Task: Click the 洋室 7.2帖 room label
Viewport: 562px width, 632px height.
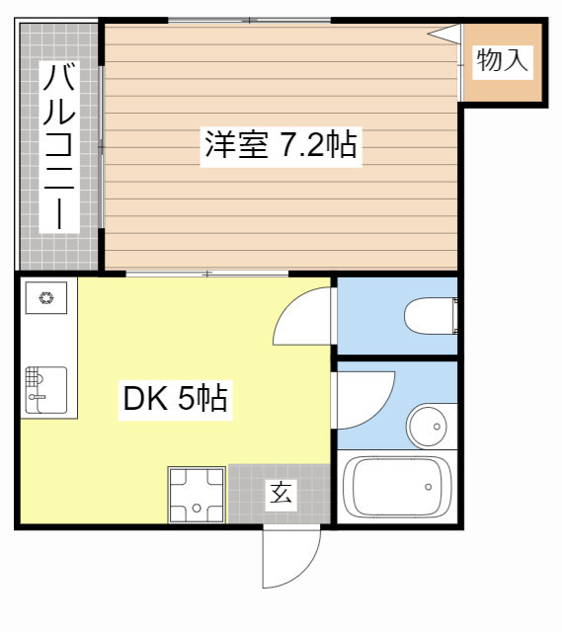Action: (280, 146)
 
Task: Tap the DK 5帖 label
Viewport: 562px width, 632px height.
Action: (175, 400)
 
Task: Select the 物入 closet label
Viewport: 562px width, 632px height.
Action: (503, 61)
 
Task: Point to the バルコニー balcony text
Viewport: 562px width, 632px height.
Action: (59, 146)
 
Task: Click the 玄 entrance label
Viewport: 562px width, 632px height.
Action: (281, 493)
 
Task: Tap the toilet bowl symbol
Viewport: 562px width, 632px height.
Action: (431, 316)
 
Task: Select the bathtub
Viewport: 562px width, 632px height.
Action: (397, 487)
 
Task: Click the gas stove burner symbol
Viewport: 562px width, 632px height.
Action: (45, 295)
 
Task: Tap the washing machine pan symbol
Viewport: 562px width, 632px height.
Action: (197, 495)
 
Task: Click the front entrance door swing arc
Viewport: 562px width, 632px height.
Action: (292, 559)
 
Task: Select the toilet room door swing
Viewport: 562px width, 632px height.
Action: (303, 314)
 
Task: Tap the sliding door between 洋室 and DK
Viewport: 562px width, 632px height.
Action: (206, 272)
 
